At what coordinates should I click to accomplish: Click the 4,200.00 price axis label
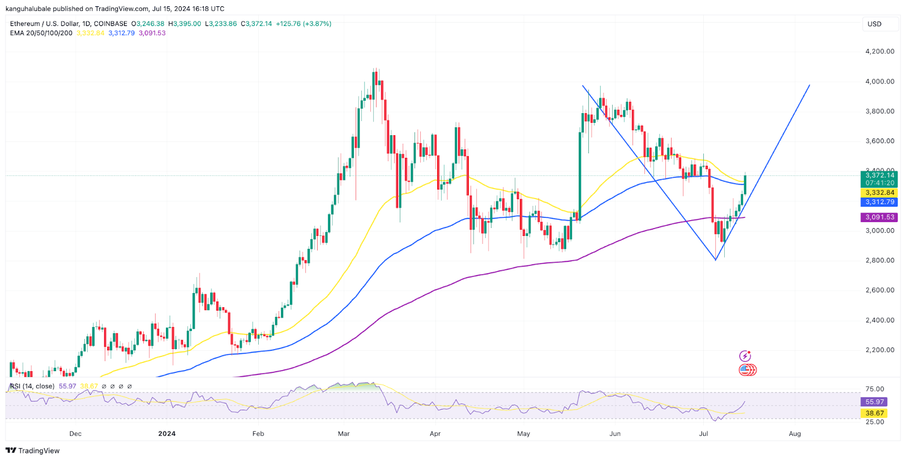point(879,51)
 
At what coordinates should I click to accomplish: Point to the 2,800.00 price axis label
point(879,260)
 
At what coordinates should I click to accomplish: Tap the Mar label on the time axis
point(344,434)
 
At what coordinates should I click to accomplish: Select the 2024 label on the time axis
point(166,434)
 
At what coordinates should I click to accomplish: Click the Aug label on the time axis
point(794,434)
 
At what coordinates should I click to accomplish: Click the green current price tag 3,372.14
point(879,175)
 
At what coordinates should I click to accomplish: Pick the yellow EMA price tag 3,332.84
point(879,193)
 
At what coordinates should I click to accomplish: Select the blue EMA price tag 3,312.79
point(879,202)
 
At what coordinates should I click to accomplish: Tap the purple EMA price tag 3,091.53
point(879,217)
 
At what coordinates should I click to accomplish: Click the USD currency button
point(874,24)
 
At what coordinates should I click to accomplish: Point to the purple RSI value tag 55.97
point(875,402)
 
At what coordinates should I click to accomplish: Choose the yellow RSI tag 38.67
point(875,413)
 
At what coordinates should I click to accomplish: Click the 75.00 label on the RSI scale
point(875,389)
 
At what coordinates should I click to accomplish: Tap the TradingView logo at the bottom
point(33,451)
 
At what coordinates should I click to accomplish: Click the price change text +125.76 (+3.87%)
point(304,24)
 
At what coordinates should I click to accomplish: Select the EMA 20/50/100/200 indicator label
point(41,33)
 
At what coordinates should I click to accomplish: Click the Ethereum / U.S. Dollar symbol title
point(69,24)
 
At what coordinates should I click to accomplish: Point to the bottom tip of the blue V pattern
point(716,260)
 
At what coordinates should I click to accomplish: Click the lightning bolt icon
point(745,356)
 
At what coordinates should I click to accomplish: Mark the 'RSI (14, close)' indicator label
point(33,386)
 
